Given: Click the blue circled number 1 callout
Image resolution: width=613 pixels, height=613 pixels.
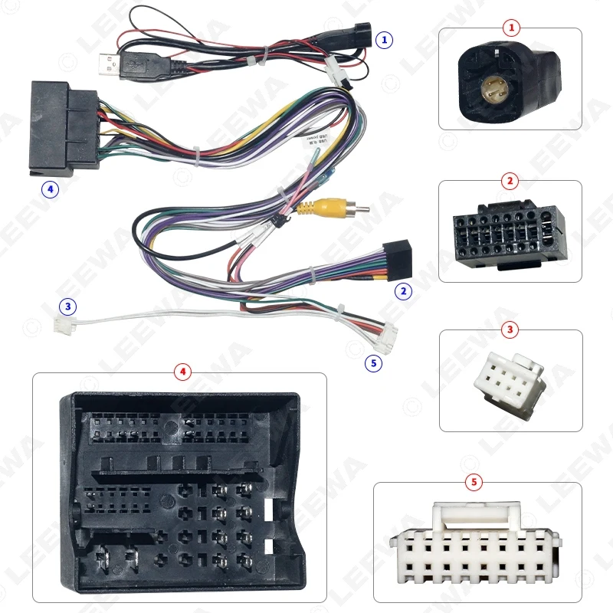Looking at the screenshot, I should pyautogui.click(x=385, y=38).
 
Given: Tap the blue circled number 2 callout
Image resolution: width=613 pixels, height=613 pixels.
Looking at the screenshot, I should pyautogui.click(x=402, y=290).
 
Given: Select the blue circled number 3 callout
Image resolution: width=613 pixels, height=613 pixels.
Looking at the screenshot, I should pyautogui.click(x=69, y=307).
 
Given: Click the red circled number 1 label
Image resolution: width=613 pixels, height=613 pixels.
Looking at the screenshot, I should pyautogui.click(x=511, y=28).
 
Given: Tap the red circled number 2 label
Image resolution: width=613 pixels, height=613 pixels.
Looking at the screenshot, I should pyautogui.click(x=511, y=181).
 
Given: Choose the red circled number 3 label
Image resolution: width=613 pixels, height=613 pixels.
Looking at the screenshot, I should pyautogui.click(x=511, y=330).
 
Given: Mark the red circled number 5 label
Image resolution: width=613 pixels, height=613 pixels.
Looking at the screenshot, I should pyautogui.click(x=475, y=482).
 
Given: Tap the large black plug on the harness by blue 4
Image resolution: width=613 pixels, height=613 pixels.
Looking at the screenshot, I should pyautogui.click(x=64, y=126).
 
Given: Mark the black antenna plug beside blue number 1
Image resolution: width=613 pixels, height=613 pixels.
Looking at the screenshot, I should pyautogui.click(x=355, y=36).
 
